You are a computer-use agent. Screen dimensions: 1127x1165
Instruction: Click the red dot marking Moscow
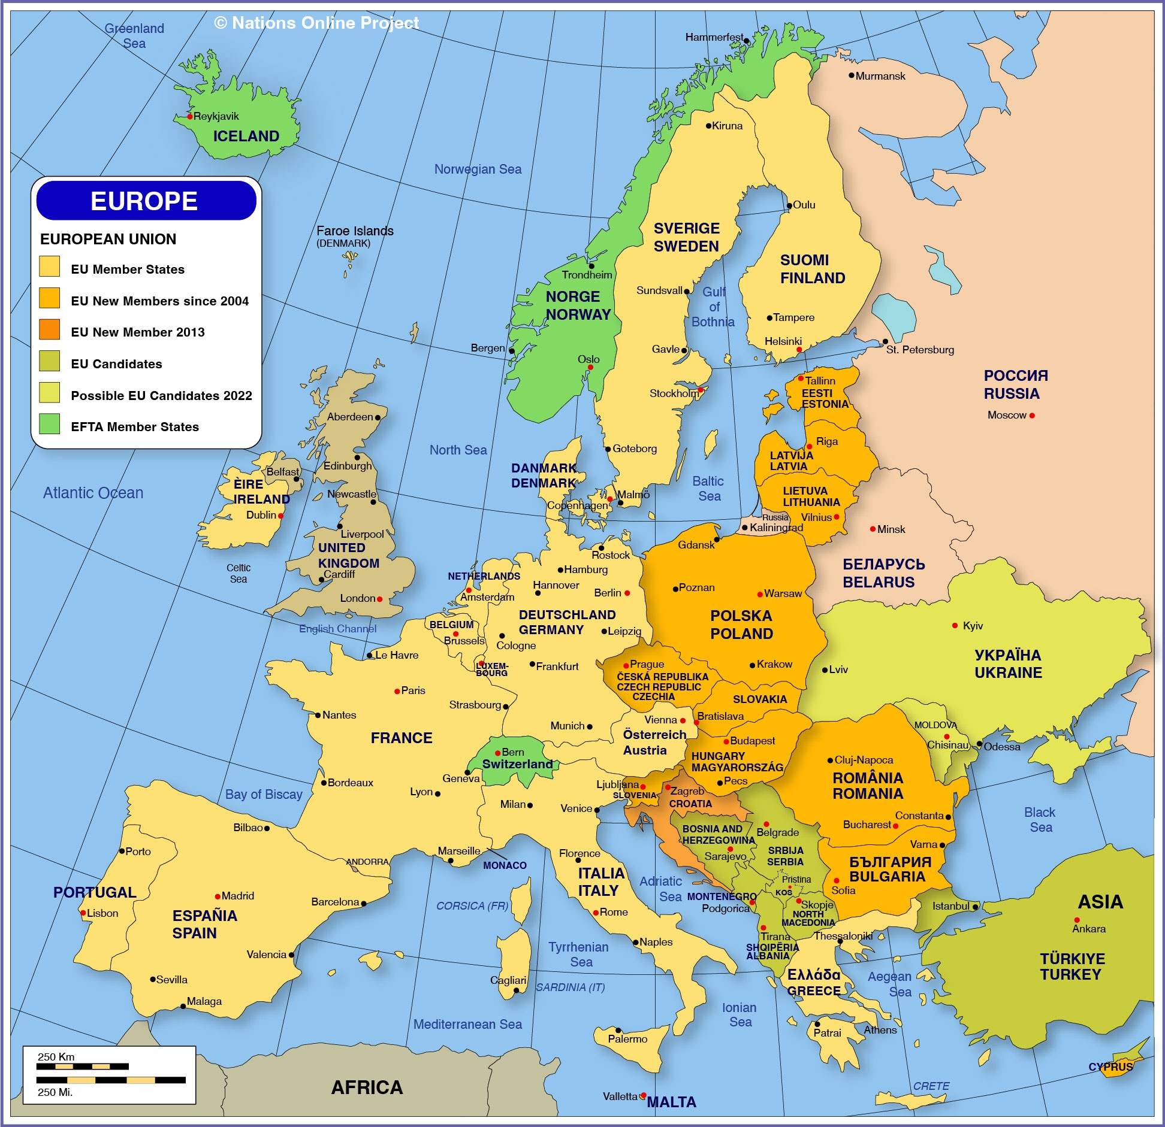click(1032, 416)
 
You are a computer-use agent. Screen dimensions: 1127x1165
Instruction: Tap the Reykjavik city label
click(216, 116)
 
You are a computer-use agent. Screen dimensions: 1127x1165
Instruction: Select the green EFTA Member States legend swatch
click(50, 424)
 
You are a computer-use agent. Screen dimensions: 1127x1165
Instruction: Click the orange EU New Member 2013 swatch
click(50, 329)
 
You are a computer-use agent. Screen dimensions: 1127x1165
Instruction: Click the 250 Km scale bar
click(82, 1067)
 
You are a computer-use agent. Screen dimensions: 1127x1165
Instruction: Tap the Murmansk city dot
click(851, 75)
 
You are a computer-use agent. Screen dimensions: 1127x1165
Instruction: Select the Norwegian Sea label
click(478, 169)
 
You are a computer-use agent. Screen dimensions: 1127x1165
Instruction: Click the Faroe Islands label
click(355, 231)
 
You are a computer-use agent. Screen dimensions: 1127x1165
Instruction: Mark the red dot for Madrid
click(218, 896)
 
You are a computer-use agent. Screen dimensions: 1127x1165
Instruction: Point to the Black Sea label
click(1040, 820)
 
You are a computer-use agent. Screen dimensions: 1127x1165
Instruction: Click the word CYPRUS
click(1110, 1067)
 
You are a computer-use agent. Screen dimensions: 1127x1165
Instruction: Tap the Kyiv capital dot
click(955, 626)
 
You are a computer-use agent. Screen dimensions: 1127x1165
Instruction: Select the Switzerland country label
click(518, 764)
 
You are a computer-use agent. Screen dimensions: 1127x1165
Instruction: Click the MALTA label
click(672, 1102)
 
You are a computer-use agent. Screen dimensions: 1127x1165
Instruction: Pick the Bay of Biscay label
click(264, 795)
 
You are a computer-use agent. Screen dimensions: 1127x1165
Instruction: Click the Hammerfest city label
click(713, 37)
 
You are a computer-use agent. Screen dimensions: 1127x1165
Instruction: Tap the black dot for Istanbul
click(975, 907)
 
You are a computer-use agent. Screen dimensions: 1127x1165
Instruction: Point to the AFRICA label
click(367, 1087)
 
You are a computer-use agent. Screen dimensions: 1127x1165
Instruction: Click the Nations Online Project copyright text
click(316, 23)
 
